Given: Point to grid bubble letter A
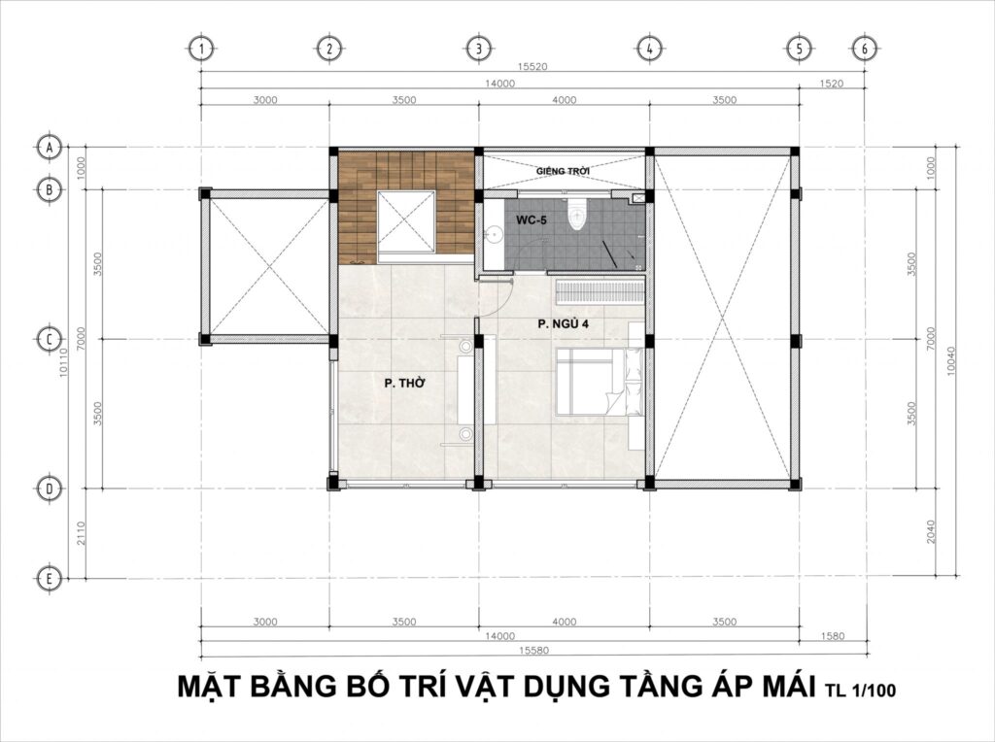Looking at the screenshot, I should pyautogui.click(x=48, y=148).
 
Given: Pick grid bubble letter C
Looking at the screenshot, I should pyautogui.click(x=48, y=339).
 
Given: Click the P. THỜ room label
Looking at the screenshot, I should pyautogui.click(x=401, y=385).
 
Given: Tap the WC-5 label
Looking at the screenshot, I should pyautogui.click(x=532, y=221).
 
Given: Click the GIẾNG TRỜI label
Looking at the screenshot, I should pyautogui.click(x=565, y=171).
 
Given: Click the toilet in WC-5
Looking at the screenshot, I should pyautogui.click(x=579, y=216).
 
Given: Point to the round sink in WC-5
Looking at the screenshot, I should pyautogui.click(x=493, y=233).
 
